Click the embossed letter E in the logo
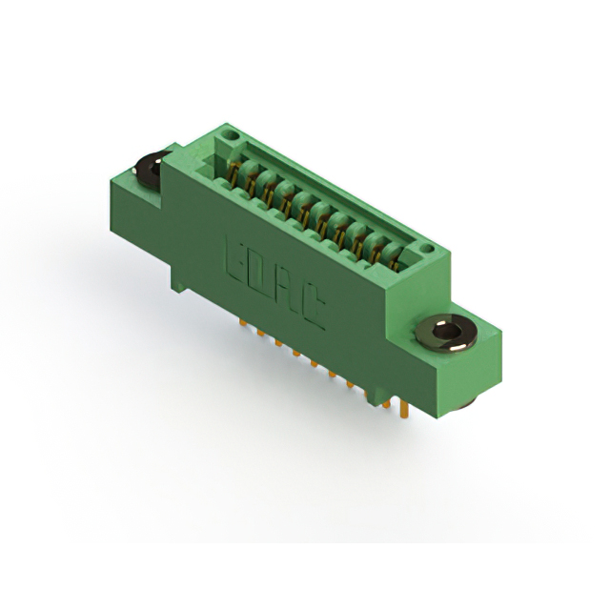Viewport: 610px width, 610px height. click(237, 259)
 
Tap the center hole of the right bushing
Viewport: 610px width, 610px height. click(446, 331)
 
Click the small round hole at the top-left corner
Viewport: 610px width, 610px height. click(232, 135)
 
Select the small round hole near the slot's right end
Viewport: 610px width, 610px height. click(427, 248)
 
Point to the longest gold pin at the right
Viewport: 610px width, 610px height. click(403, 409)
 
